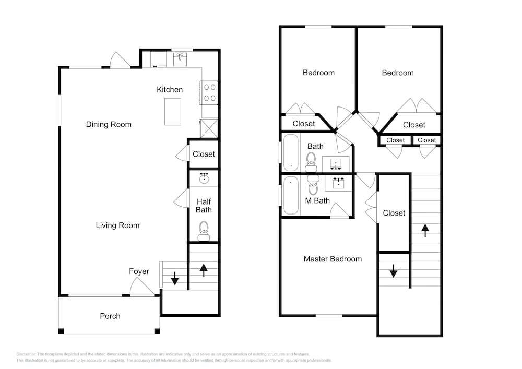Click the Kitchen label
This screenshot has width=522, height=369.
pos(170,90)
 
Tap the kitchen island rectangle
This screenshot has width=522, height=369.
pos(172,111)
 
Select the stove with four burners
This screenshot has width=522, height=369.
pos(210,92)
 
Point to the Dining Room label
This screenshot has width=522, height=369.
pos(109,124)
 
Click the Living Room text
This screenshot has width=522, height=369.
pos(117,225)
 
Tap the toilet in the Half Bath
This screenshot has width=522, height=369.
pos(204,229)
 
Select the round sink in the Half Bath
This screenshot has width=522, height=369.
pos(204,178)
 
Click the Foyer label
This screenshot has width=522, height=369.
pos(139,271)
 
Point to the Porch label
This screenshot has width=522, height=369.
pos(110,316)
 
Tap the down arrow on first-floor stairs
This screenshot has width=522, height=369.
pos(175,280)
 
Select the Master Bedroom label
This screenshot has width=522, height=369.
pos(333,259)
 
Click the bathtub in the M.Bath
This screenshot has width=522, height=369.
pos(291,195)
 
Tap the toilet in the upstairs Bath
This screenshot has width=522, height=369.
pos(312,160)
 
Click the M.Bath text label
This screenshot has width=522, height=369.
pos(317,200)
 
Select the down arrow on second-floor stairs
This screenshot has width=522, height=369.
pos(393,271)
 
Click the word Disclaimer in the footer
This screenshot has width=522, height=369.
pos(26,354)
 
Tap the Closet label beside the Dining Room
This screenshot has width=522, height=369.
pos(204,154)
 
